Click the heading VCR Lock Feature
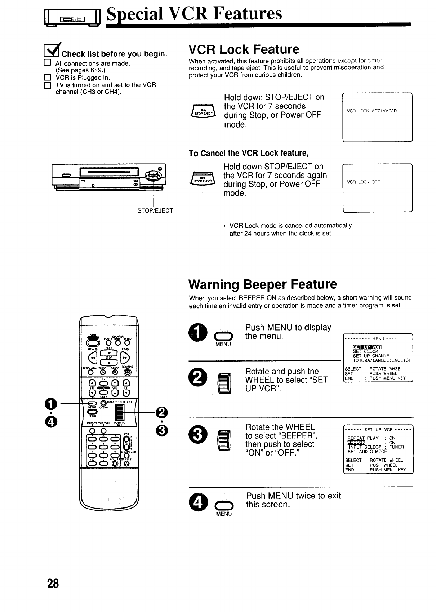point(244,49)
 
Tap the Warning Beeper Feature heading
point(263,284)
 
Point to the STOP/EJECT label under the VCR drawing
point(155,210)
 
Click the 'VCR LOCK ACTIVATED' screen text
point(372,111)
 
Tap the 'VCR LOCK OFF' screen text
point(363,182)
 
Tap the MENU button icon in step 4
point(223,505)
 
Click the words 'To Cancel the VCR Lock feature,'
point(249,153)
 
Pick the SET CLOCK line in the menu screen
point(365,351)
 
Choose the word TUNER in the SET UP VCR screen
point(396,447)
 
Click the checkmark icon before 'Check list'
point(52,52)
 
